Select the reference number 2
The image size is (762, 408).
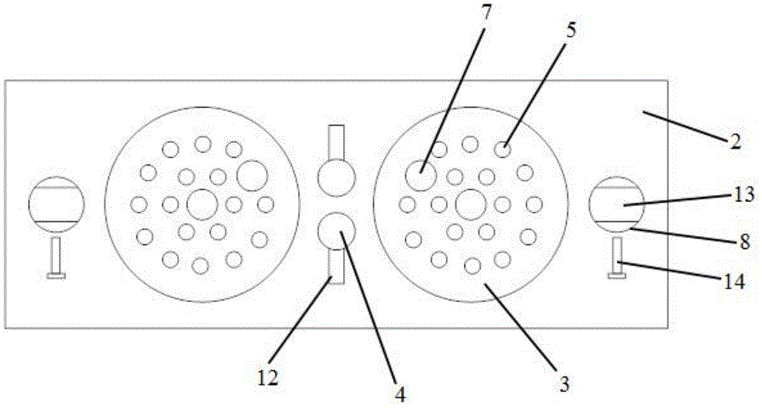[x=735, y=142]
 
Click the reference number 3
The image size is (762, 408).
[x=565, y=384]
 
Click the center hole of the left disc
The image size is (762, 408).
[x=201, y=204]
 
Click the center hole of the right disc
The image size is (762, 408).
[x=470, y=204]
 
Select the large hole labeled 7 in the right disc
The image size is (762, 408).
[x=420, y=176]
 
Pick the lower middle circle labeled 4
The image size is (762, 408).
[x=337, y=231]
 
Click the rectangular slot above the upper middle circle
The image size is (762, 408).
[x=337, y=142]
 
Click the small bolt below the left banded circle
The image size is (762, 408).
[x=55, y=257]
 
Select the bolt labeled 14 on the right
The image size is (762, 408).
[x=616, y=257]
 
